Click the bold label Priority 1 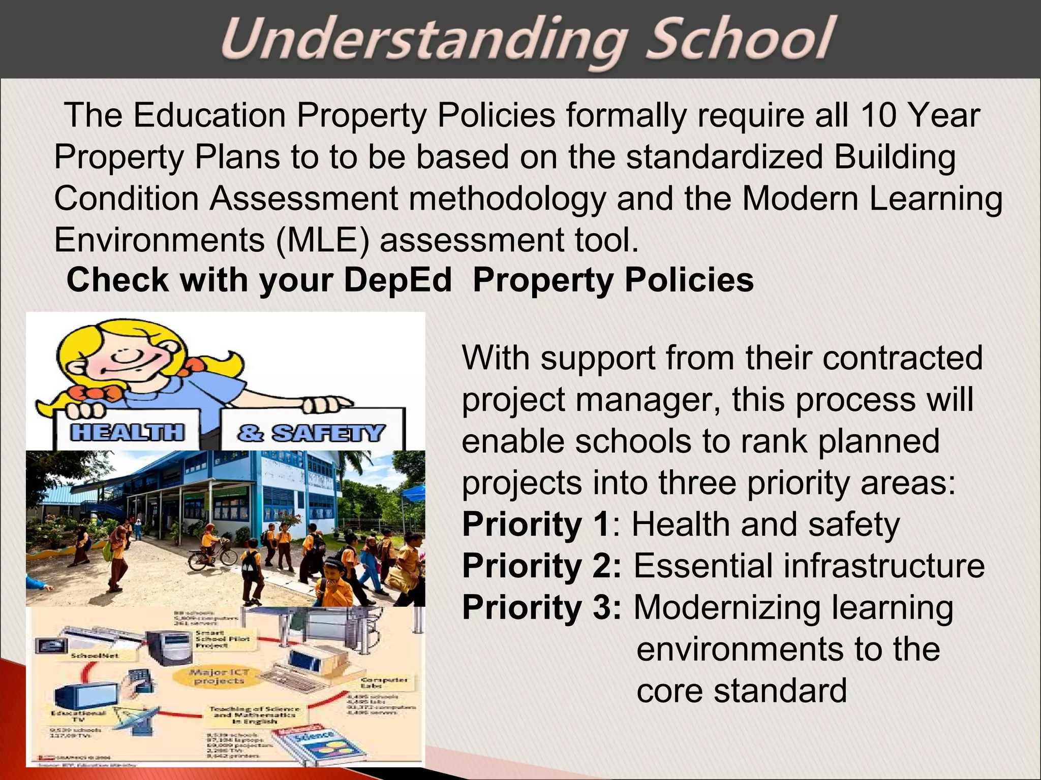coord(536,525)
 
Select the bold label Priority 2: coord(541,566)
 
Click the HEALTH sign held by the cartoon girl coord(127,432)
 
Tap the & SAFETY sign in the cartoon coord(310,433)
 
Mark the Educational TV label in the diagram coord(79,716)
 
